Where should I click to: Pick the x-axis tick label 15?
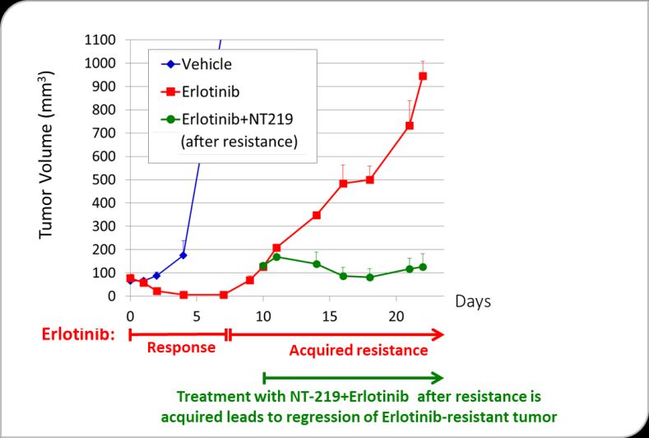(x=329, y=315)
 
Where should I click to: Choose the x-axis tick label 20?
(x=396, y=315)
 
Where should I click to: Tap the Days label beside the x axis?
(x=473, y=301)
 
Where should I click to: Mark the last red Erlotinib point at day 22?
(x=423, y=77)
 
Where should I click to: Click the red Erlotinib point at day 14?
(x=317, y=215)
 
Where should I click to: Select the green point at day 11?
(x=276, y=257)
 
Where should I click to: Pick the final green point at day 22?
(x=423, y=267)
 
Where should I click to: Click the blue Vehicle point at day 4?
(x=183, y=255)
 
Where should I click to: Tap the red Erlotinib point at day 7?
(x=223, y=295)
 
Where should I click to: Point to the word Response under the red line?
(x=181, y=347)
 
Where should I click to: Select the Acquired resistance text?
(x=359, y=350)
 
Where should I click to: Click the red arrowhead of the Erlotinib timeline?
(x=438, y=333)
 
